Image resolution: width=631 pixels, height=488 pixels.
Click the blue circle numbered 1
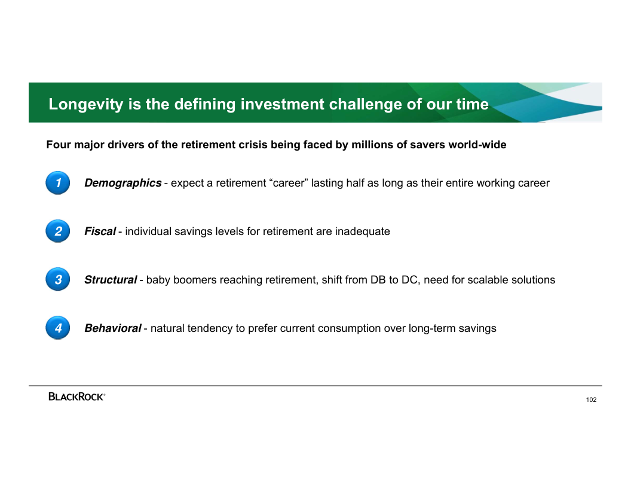[x=58, y=183]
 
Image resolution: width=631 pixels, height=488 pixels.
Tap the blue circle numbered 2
[x=58, y=231]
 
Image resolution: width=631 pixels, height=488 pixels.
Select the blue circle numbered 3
[x=58, y=279]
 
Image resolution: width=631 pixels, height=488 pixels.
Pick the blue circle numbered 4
[x=58, y=328]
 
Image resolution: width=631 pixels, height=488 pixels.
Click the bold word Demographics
[x=122, y=183]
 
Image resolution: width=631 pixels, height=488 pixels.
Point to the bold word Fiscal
[x=100, y=231]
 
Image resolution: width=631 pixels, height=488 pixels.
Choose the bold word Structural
[x=111, y=280]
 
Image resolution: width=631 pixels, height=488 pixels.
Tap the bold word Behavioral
[x=113, y=328]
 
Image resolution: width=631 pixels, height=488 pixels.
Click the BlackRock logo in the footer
[x=77, y=396]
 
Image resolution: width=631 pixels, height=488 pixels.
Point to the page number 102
[x=591, y=400]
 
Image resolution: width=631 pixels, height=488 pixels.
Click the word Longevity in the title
[x=85, y=104]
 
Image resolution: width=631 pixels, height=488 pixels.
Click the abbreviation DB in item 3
[x=378, y=280]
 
